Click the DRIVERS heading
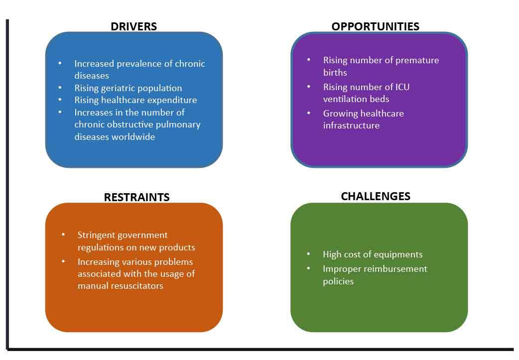(x=133, y=26)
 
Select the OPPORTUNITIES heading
(x=376, y=26)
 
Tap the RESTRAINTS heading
(x=136, y=197)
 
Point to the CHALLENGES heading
(x=376, y=196)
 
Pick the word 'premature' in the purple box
(x=417, y=60)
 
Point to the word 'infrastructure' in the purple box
(x=351, y=125)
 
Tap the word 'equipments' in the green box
(x=397, y=254)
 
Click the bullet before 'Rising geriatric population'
(x=60, y=87)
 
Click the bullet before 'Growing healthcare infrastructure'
(x=309, y=113)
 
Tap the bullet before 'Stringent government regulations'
(x=63, y=235)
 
